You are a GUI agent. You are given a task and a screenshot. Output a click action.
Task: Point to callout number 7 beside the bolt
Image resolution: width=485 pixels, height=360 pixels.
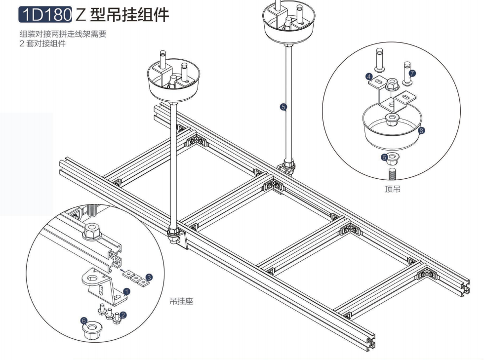point(412,73)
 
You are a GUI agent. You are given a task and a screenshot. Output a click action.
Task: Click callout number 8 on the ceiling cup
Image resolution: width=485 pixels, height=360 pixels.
point(421,131)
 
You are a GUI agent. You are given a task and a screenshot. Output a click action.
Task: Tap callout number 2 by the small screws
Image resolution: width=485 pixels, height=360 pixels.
point(123,314)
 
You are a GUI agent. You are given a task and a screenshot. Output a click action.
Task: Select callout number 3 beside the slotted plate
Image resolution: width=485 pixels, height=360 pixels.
point(149,279)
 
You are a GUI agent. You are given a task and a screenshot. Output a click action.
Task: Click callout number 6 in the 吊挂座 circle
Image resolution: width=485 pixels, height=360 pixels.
point(84,320)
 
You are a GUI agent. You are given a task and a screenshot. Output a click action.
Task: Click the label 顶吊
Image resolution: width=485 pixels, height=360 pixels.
point(393,189)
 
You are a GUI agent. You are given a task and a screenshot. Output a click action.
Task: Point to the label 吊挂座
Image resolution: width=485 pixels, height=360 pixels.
point(181,301)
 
